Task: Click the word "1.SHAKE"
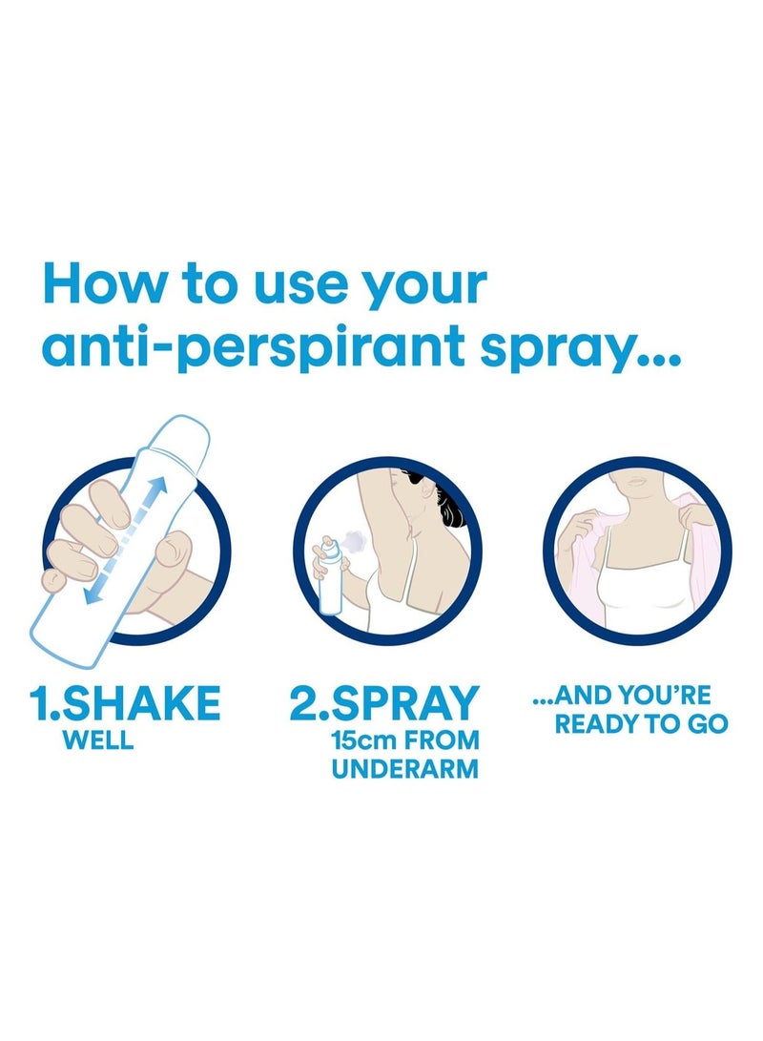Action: tap(125, 703)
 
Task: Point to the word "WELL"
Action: tap(98, 740)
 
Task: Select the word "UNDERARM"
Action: tap(405, 769)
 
